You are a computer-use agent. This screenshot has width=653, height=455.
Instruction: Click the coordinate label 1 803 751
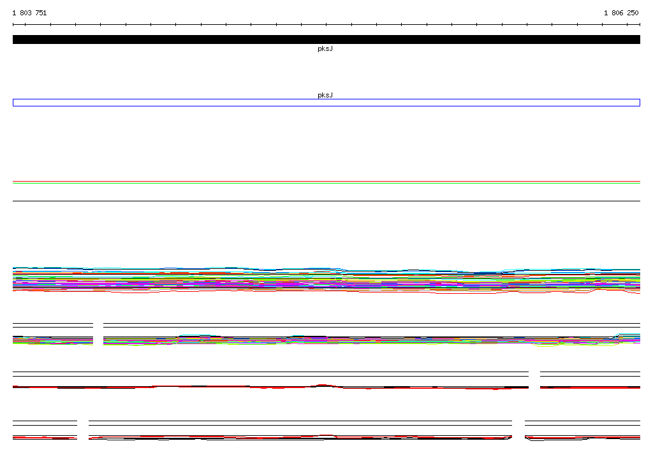tap(29, 13)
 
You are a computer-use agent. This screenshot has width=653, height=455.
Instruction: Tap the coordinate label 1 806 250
tap(621, 13)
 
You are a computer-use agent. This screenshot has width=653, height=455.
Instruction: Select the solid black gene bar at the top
tap(326, 40)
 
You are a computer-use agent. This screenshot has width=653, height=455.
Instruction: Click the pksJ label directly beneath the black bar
tap(325, 48)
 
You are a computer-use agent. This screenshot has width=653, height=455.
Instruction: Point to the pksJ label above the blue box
tap(325, 96)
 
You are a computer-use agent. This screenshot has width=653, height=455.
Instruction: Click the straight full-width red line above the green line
tap(326, 182)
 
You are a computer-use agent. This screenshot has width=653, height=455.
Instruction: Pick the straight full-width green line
tap(326, 183)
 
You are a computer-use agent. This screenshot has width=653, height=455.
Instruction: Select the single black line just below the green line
tap(326, 201)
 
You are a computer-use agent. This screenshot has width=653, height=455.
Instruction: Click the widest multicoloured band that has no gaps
tap(326, 280)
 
